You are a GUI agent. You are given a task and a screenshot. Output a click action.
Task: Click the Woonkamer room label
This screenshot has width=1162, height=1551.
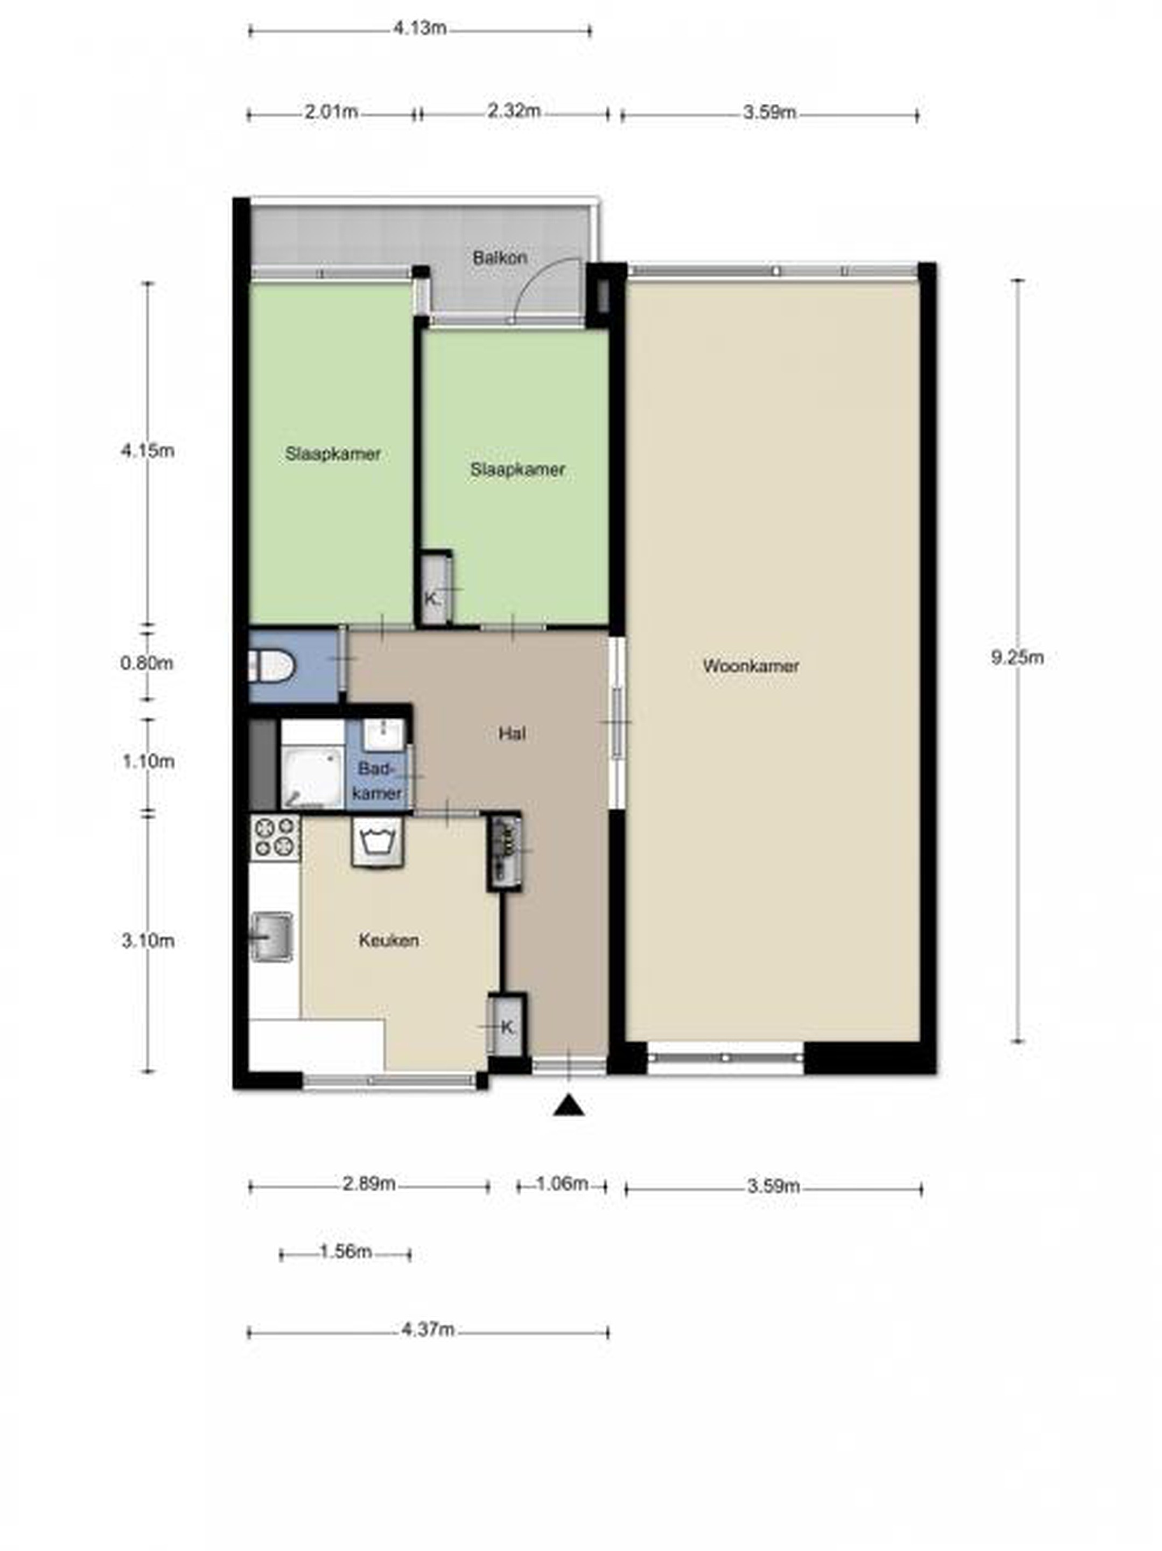pos(751,666)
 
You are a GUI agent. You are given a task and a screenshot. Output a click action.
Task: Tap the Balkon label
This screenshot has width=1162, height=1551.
pos(499,257)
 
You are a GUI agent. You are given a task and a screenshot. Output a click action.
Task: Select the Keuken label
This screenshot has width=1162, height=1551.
pos(389,940)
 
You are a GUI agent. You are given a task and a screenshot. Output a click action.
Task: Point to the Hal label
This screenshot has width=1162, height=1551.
pos(512,733)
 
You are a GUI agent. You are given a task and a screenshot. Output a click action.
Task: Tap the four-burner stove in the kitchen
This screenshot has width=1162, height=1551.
pos(275,837)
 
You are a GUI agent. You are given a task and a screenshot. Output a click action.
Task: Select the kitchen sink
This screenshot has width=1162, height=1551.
pos(272,936)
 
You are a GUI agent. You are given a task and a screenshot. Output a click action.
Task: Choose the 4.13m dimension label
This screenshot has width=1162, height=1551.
pos(419,29)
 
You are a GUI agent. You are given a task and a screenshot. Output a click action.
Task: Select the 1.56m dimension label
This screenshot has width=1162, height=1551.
pos(346,1252)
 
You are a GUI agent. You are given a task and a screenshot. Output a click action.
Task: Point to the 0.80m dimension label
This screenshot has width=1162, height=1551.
pos(146,662)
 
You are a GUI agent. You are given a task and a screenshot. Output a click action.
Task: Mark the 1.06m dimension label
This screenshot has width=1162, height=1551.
pos(562,1184)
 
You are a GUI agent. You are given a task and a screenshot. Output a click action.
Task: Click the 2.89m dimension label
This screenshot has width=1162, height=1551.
pos(369,1184)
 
